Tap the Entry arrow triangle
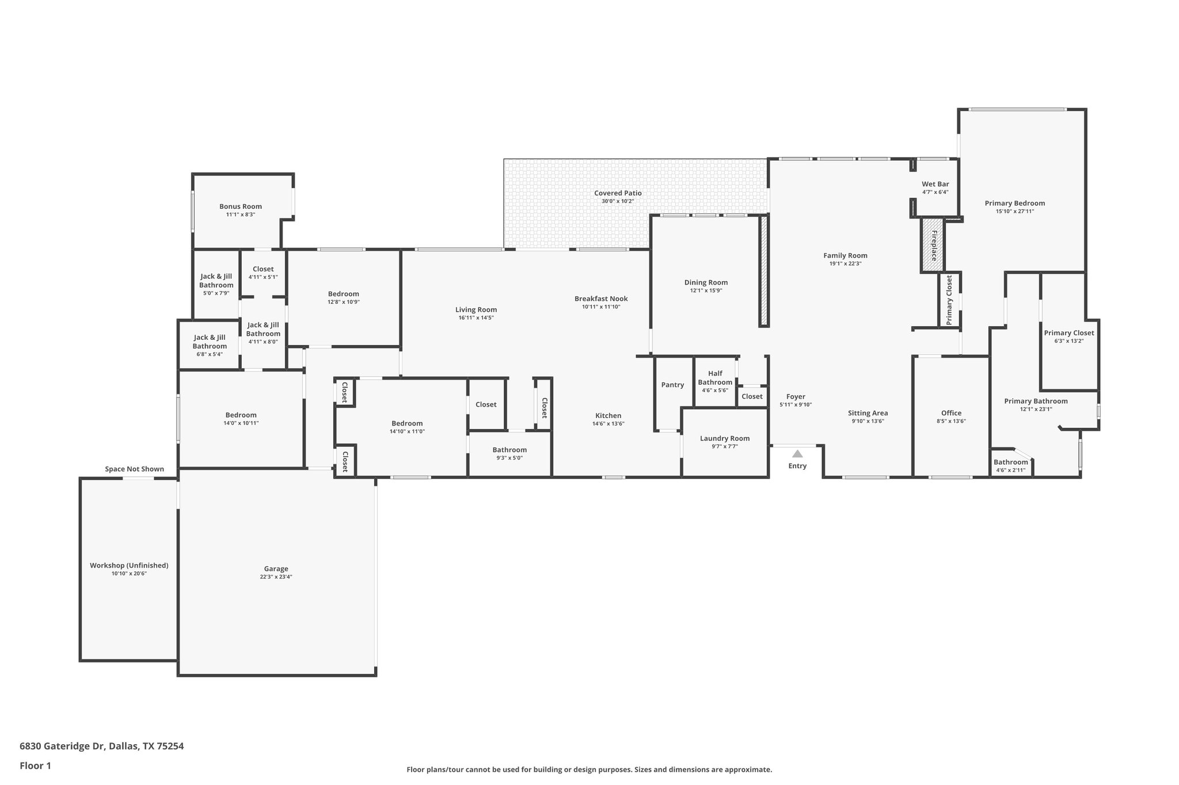click(x=797, y=454)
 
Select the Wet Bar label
click(x=935, y=184)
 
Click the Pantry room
click(x=672, y=385)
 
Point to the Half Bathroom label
click(x=715, y=378)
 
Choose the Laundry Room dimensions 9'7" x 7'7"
click(x=724, y=446)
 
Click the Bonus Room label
click(x=240, y=206)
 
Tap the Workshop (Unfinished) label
click(x=129, y=565)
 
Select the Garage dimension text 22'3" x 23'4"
click(x=276, y=577)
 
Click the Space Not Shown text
click(x=134, y=469)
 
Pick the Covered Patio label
click(x=618, y=193)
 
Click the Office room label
click(x=951, y=413)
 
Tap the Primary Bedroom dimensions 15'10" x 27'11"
click(x=1014, y=211)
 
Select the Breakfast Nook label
click(x=601, y=298)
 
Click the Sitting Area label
click(x=868, y=413)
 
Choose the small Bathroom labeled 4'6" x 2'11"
click(x=1010, y=465)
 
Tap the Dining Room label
click(x=706, y=282)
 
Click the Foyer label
click(x=796, y=397)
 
